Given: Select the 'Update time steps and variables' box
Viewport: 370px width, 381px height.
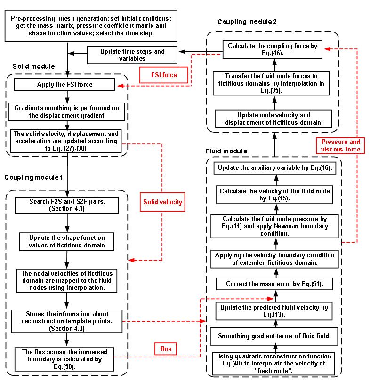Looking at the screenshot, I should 132,55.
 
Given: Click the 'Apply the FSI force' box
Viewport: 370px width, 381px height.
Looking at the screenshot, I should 64,85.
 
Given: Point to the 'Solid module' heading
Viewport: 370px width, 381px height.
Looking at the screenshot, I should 34,67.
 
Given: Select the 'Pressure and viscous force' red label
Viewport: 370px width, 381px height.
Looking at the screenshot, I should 340,145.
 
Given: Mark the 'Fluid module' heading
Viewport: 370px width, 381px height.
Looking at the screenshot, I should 226,151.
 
